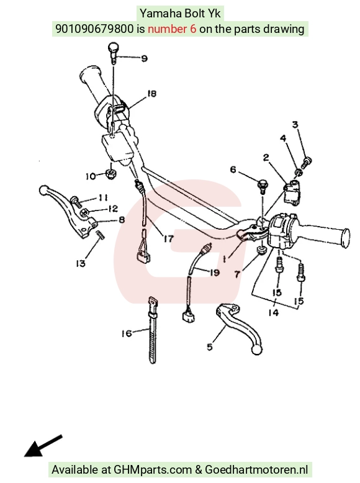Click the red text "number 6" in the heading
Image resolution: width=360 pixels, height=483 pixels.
(172, 29)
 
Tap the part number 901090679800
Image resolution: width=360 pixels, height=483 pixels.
(94, 29)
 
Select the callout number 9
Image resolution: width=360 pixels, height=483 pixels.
(144, 58)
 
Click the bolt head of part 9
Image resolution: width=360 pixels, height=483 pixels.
(114, 48)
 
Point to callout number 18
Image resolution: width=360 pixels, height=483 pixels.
(151, 93)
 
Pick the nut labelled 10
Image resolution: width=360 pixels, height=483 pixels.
(110, 174)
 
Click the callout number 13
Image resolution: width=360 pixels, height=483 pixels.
(81, 263)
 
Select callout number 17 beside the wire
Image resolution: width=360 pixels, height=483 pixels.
(168, 238)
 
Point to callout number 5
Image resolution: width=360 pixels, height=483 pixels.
(210, 347)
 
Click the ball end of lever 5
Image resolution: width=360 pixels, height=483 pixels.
(257, 350)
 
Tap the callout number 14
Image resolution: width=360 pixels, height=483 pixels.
(273, 313)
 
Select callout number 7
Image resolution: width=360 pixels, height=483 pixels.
(237, 274)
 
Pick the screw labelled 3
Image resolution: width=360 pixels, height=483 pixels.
(306, 162)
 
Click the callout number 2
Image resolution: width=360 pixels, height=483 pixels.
(266, 158)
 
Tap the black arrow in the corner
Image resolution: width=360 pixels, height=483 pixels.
(43, 446)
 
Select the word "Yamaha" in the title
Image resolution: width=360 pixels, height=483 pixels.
(161, 14)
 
